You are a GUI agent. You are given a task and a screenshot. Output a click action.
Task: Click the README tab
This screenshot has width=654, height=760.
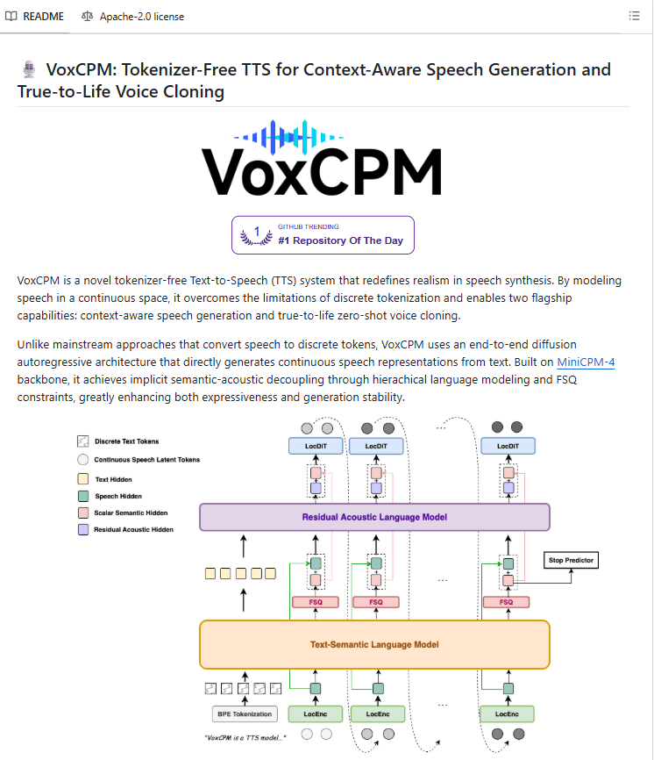pos(35,16)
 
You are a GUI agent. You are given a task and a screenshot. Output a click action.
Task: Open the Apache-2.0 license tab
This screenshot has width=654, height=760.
pos(132,16)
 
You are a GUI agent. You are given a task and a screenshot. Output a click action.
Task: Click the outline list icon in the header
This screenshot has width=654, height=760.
pos(635,16)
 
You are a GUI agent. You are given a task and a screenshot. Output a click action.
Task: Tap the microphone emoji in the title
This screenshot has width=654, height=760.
pos(28,70)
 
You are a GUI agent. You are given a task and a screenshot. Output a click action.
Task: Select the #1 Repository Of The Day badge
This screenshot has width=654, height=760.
pos(323,235)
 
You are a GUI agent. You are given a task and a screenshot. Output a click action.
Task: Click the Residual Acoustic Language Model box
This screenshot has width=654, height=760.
pos(374,517)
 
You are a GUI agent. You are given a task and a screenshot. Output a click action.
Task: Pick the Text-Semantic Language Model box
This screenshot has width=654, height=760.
pos(374,644)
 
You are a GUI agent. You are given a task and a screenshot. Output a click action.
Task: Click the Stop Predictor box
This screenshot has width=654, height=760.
pos(571,559)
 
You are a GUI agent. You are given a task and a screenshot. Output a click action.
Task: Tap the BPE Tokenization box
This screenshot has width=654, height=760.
pos(241,714)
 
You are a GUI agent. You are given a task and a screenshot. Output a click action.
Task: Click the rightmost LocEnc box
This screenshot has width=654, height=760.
pos(507,714)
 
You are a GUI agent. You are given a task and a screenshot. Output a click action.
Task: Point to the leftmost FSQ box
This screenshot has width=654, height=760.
pos(316,602)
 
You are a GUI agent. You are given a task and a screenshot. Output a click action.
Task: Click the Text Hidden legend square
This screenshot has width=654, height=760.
pos(83,480)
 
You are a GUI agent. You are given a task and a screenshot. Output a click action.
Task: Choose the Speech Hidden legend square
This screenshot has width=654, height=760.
pos(83,497)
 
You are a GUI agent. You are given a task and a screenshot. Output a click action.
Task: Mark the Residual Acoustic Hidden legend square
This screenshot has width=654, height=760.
pos(83,530)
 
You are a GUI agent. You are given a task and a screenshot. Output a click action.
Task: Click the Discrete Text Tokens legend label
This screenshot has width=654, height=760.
pos(126,441)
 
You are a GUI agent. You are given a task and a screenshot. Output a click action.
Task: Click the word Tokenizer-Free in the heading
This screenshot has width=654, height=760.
pos(176,70)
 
